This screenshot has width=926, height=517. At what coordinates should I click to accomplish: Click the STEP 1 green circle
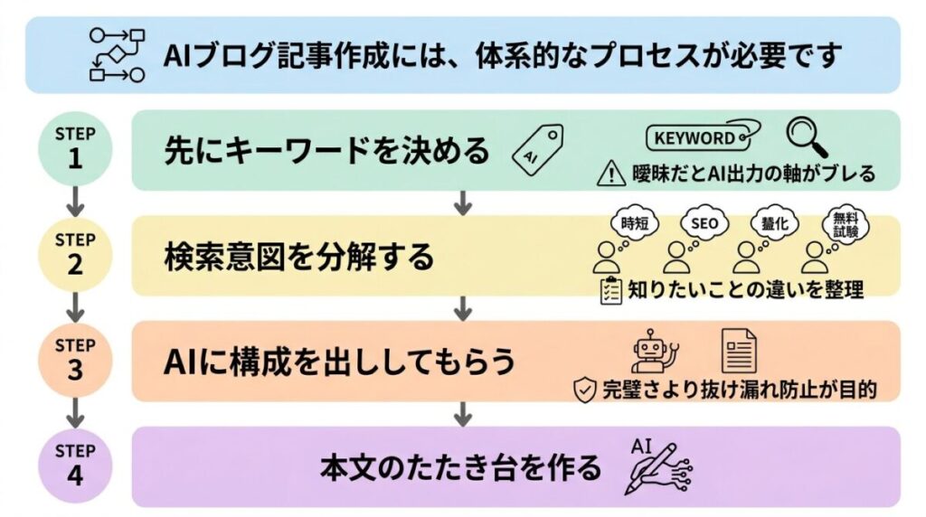pos(75,148)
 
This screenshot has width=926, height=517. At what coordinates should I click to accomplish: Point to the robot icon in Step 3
pos(655,352)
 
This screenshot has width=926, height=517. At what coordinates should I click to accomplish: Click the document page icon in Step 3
pos(738,351)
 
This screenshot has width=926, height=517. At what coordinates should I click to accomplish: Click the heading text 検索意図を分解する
pos(298,258)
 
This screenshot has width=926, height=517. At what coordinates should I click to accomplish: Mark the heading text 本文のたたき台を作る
pos(460,468)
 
